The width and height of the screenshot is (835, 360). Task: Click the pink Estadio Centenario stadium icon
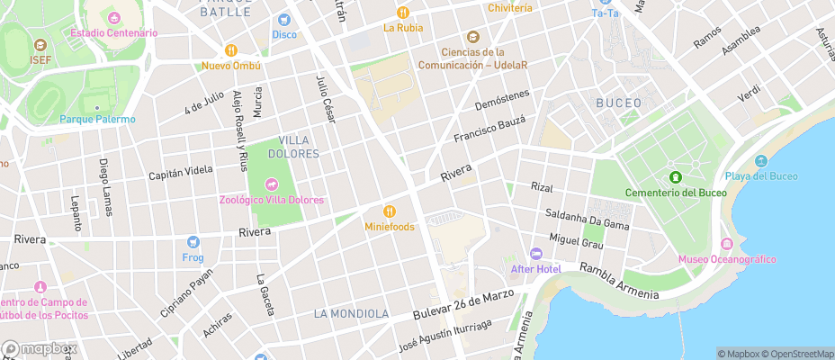[x=114, y=18]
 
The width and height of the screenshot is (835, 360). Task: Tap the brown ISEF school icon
[x=40, y=45]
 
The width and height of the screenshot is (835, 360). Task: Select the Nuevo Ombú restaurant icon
[x=231, y=50]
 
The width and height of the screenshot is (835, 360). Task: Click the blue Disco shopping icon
[x=284, y=20]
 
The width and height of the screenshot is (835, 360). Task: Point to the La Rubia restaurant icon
[x=402, y=13]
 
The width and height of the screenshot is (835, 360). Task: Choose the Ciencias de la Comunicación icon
[x=471, y=37]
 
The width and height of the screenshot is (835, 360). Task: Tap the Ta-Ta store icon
[x=605, y=2]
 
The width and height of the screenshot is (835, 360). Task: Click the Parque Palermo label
[x=97, y=119]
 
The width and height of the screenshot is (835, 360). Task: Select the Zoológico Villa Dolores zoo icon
[x=270, y=184]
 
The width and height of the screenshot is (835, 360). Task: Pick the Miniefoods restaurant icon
[x=390, y=211]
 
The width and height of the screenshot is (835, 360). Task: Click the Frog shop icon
[x=193, y=242]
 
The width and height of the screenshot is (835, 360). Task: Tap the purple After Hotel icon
[x=536, y=254]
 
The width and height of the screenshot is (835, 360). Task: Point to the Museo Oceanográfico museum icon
[x=727, y=245]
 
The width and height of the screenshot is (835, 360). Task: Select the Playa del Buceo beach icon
[x=761, y=161]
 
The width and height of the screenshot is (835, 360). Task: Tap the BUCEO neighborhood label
[x=619, y=103]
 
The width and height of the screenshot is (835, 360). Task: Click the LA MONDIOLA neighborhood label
[x=351, y=313]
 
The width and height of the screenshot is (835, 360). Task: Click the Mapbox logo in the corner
[x=40, y=348]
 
